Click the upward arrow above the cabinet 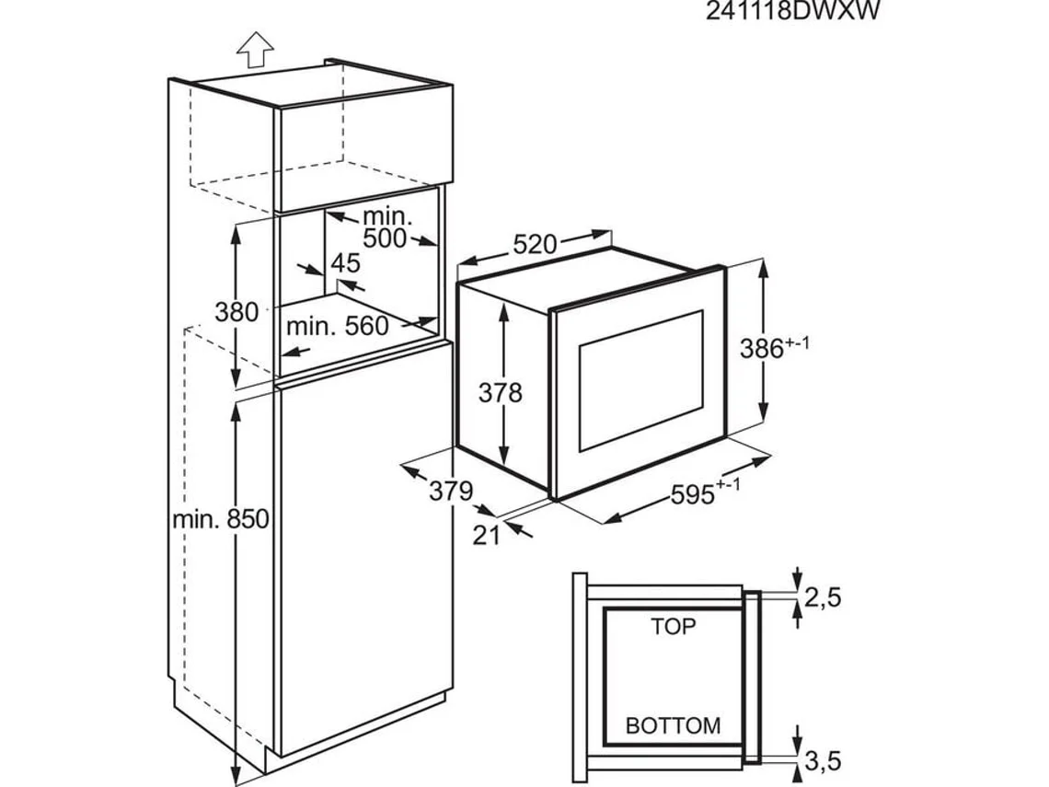tap(255, 50)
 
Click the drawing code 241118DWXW tap(793, 11)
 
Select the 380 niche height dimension tap(236, 312)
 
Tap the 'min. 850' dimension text tap(221, 518)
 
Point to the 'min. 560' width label tap(337, 326)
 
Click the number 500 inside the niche tap(385, 238)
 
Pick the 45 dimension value tap(345, 263)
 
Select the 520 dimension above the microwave tap(535, 245)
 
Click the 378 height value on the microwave tap(501, 393)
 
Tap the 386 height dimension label tap(774, 347)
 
